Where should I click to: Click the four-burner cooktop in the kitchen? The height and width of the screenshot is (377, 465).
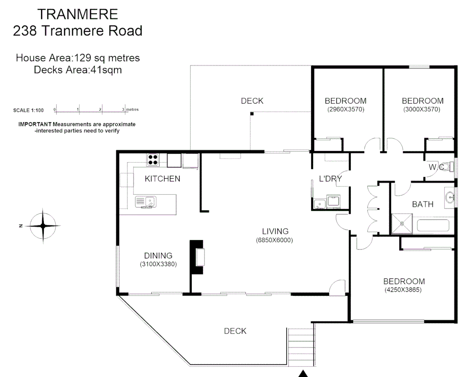tap(153, 160)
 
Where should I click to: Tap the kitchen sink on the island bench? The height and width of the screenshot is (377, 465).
tap(146, 202)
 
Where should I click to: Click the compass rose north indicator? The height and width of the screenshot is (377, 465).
tap(43, 226)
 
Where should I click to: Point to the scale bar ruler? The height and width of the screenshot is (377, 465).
tap(90, 110)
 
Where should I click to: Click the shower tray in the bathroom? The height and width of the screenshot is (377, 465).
tap(402, 224)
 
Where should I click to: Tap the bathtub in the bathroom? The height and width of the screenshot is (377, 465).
tap(433, 225)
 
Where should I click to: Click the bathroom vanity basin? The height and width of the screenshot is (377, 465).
tap(450, 198)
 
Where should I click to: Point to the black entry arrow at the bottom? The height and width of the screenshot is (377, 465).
tap(303, 374)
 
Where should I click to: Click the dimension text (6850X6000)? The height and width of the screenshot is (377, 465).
tap(274, 240)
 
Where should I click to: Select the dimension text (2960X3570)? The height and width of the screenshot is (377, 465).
tap(345, 109)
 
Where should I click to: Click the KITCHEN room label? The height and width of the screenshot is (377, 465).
tap(162, 179)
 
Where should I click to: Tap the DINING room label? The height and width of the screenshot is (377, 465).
tap(158, 256)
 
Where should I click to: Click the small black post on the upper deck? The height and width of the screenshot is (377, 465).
tap(252, 113)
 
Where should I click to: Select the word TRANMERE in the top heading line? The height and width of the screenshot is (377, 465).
tap(77, 14)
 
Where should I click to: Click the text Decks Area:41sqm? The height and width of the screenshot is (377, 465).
tap(78, 70)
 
